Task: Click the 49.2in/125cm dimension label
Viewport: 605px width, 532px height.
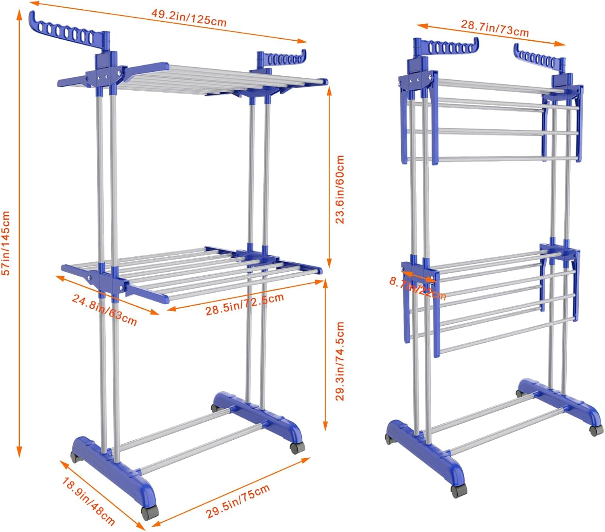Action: [x=189, y=18]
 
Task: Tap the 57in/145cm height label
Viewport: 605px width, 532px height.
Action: [x=6, y=243]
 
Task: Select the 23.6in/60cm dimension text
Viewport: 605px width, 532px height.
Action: [x=340, y=189]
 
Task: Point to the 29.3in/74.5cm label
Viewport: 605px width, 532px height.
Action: [x=340, y=361]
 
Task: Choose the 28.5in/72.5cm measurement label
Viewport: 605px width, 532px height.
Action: [x=244, y=304]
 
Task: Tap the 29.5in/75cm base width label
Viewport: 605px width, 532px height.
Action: [x=238, y=501]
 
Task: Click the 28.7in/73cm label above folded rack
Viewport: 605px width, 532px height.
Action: [x=495, y=28]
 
